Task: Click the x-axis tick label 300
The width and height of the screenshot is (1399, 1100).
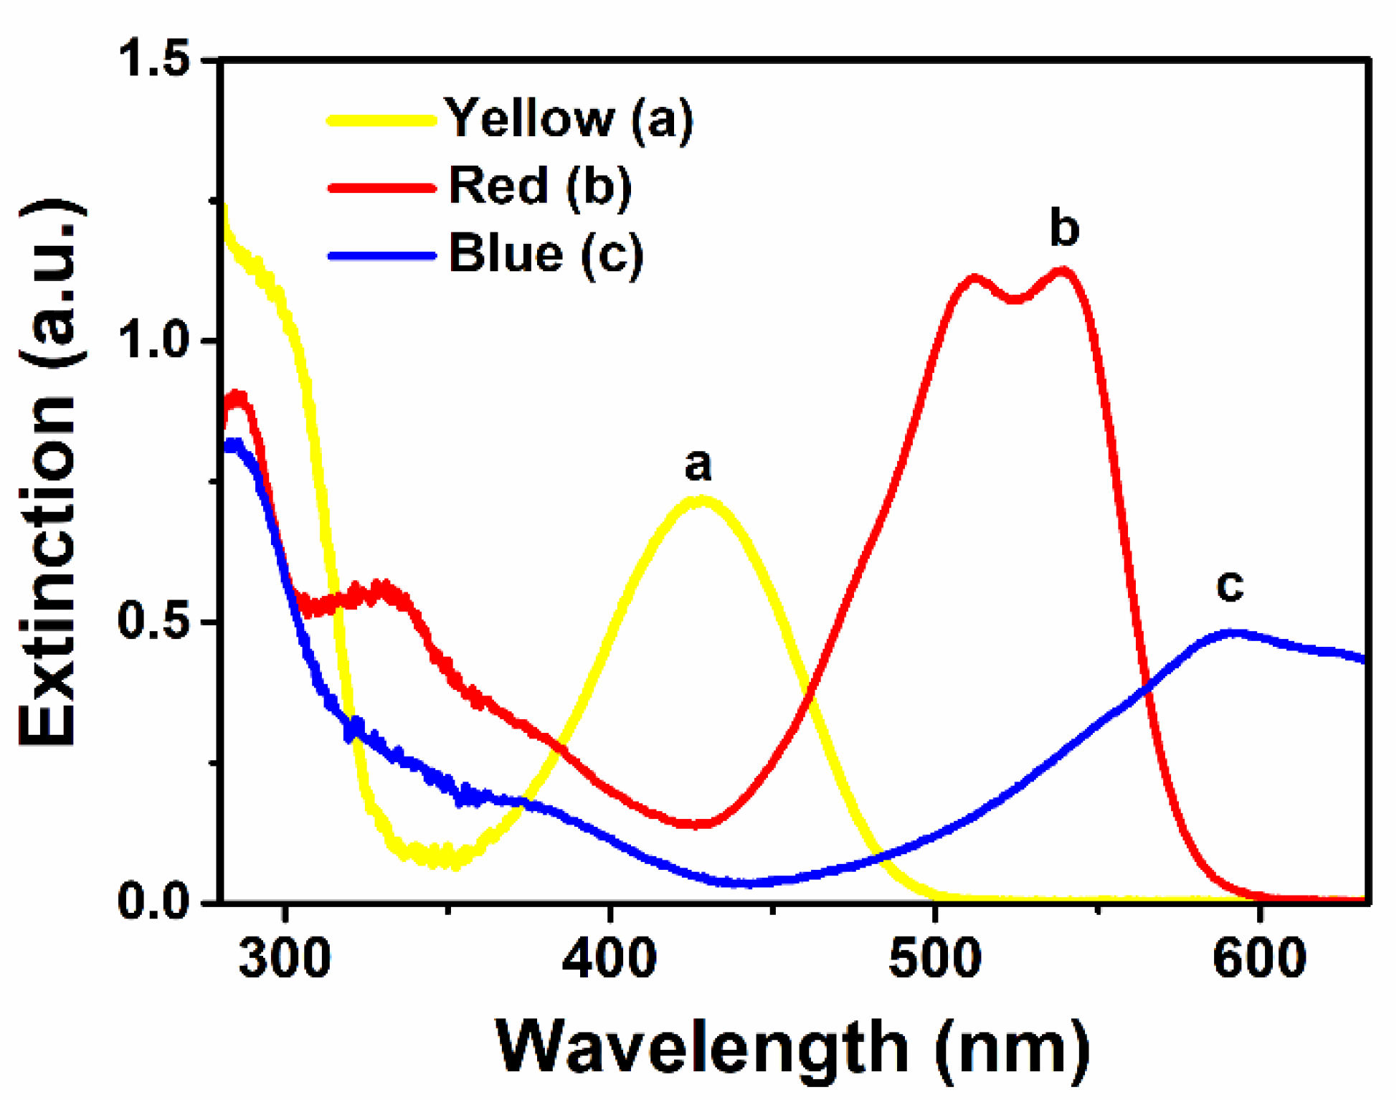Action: point(285,959)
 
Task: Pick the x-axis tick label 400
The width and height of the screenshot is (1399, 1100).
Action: point(610,959)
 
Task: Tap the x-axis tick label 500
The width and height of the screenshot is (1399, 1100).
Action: point(934,959)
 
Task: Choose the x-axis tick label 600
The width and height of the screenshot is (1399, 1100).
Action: point(1259,959)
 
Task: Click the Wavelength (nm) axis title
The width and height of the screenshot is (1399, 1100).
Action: point(792,1048)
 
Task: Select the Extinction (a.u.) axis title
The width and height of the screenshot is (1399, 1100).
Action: point(49,473)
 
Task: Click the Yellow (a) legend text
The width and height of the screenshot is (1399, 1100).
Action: point(570,118)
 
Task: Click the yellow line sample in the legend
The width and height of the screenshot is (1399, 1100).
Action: point(382,120)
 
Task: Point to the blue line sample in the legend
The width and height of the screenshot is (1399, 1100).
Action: point(382,255)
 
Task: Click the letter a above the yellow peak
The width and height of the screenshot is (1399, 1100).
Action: point(698,465)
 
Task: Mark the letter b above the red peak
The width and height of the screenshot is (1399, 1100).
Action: point(1064,228)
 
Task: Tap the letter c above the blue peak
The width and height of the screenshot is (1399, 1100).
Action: point(1230,586)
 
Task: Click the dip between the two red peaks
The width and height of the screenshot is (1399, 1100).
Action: point(1015,298)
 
